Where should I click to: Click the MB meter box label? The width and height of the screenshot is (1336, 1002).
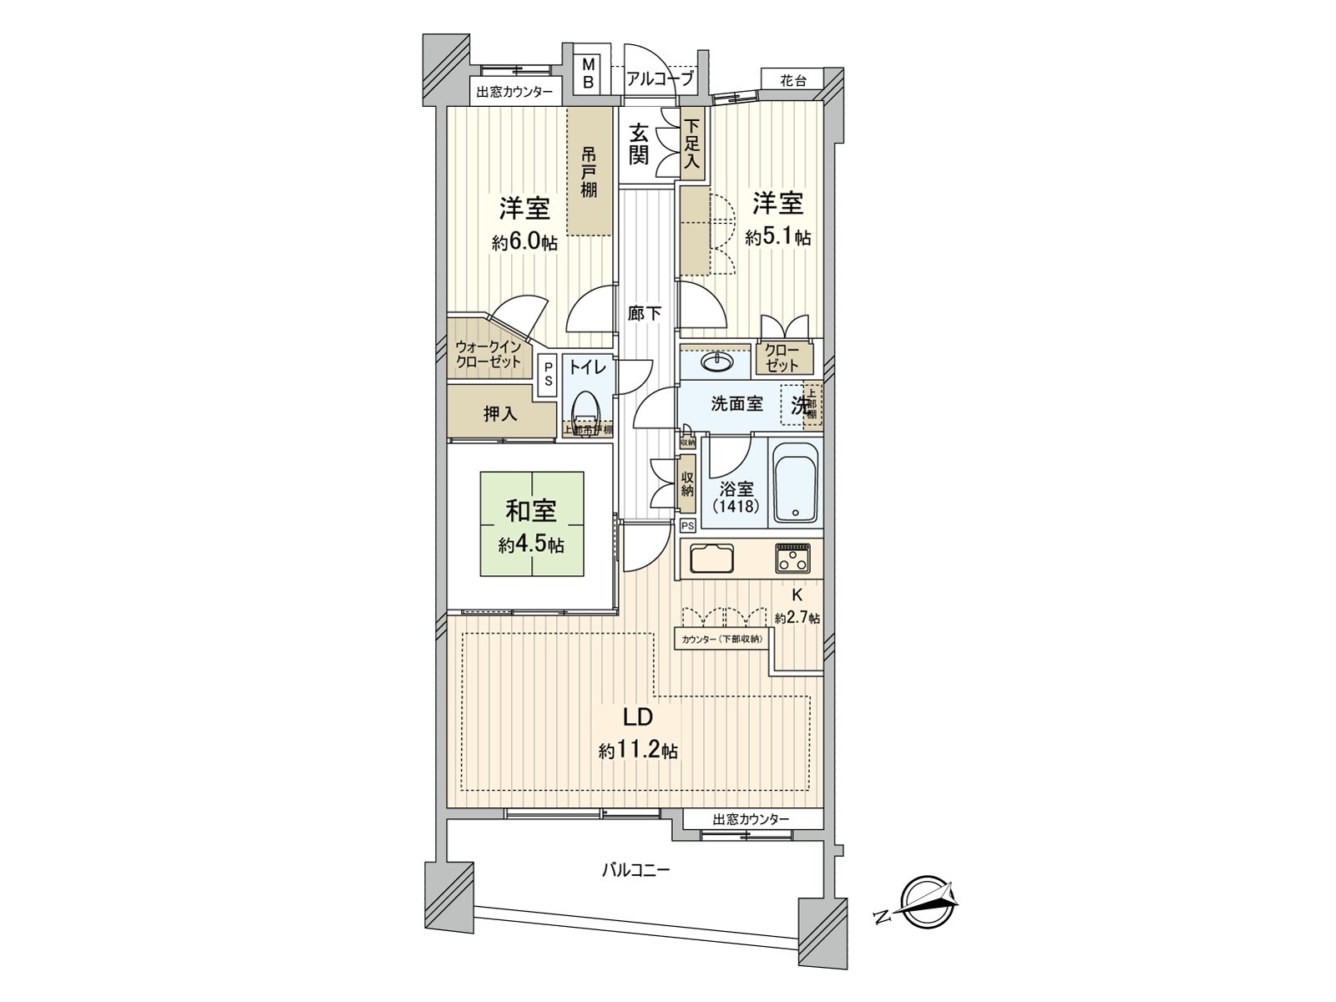589,73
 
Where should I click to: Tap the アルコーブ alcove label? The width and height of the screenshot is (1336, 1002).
660,79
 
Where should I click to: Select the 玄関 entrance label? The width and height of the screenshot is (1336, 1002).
639,144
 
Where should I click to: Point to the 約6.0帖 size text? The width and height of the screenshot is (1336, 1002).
524,243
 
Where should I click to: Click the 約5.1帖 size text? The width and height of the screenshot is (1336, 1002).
777,237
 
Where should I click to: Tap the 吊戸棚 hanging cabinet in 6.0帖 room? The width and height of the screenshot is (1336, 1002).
590,173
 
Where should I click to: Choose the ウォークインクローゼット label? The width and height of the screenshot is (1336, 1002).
488,355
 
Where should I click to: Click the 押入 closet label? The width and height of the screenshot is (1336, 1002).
499,413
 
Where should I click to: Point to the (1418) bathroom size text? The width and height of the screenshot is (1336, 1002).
736,507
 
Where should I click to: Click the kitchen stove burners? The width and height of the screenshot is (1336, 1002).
792,558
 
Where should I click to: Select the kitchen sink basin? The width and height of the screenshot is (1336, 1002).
711,558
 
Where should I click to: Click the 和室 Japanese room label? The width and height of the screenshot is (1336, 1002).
531,511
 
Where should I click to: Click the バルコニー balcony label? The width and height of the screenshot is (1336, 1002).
636,871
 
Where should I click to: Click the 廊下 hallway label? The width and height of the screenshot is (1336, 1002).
645,314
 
